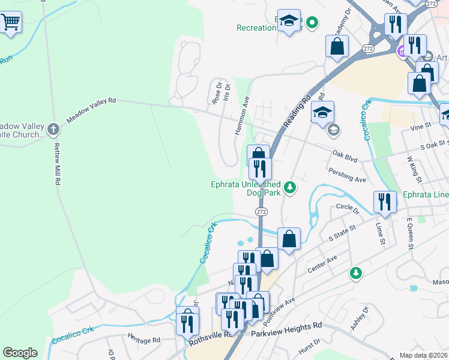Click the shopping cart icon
[10, 23]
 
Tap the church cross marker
[53, 129]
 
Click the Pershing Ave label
[347, 176]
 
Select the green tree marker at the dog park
[291, 188]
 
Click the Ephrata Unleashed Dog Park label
[245, 188]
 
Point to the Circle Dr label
[348, 208]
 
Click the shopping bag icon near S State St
[289, 239]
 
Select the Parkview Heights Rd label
[286, 326]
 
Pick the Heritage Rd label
[144, 339]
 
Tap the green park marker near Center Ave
[357, 273]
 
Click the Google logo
[20, 353]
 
